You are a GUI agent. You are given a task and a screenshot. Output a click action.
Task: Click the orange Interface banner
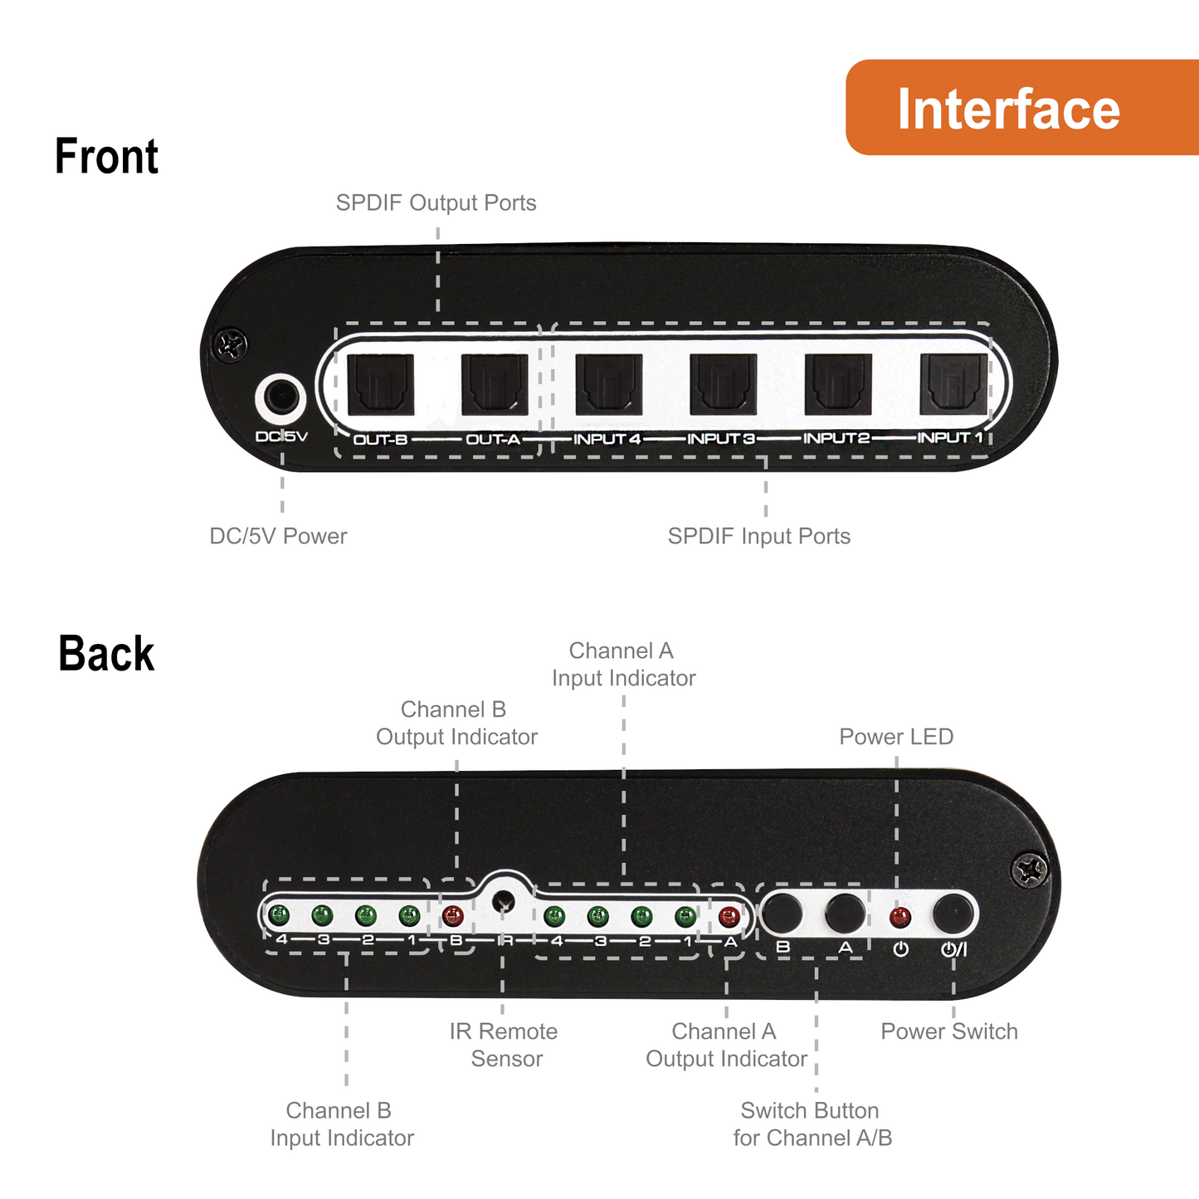coord(1021,108)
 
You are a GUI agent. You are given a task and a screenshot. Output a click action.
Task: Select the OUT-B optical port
coord(380,384)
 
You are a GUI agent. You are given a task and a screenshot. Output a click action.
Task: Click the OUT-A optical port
coord(495,384)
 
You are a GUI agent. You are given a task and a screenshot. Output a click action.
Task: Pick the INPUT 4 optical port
coord(609,384)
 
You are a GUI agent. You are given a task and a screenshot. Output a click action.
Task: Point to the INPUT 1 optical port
coord(953,384)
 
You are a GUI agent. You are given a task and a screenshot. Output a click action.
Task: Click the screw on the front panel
coord(230,344)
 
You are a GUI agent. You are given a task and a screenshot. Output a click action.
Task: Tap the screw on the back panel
coord(1030,870)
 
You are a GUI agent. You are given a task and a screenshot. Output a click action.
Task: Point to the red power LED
coord(899,918)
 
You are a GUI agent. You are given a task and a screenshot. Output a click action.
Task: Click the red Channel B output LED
coord(452,916)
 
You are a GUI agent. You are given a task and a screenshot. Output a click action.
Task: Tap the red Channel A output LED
coord(729,917)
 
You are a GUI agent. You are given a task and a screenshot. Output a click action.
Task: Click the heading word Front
coord(106,156)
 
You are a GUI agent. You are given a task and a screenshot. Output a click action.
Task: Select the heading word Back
coord(106,654)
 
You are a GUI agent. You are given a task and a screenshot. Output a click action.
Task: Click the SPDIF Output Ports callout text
coord(436,203)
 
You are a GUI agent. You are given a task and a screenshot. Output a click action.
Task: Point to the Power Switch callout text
coord(948,1031)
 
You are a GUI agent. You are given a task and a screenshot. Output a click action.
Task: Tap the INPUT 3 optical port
coord(724,384)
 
